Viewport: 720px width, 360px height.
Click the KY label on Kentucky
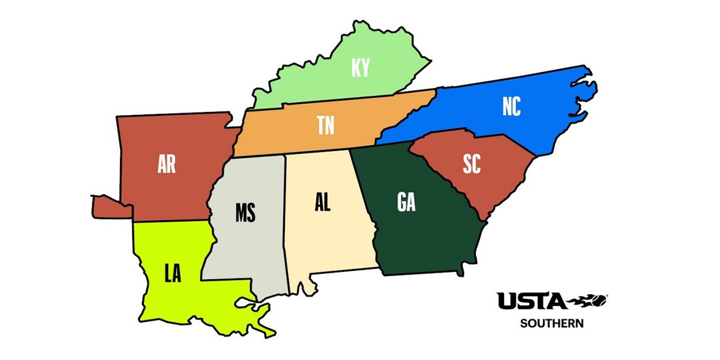point(361,68)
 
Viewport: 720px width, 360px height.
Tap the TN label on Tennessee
point(326,126)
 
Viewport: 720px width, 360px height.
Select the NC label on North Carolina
point(511,107)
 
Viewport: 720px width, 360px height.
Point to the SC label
point(471,164)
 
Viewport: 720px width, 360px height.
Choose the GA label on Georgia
point(406,202)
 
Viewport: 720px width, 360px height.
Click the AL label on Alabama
point(322,202)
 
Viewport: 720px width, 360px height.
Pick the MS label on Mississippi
point(246,213)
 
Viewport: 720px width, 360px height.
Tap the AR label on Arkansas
point(167,165)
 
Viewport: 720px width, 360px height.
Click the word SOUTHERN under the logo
point(551,322)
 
